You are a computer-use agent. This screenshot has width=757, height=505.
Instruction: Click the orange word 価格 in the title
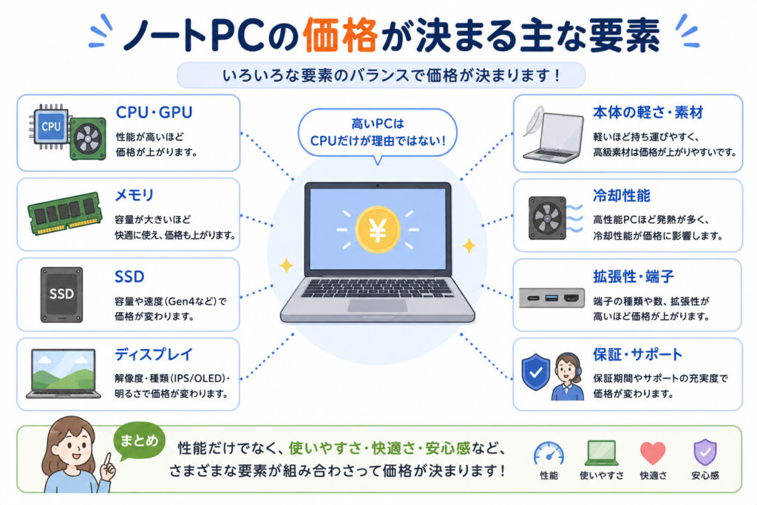[340, 35]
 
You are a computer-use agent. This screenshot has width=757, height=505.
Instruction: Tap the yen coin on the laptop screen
[378, 229]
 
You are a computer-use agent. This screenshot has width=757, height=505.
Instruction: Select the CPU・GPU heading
[154, 112]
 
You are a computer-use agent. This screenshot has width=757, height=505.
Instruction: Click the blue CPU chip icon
[50, 126]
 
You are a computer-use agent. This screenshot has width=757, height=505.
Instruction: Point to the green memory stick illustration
[65, 213]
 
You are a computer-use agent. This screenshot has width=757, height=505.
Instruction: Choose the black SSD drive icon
[61, 294]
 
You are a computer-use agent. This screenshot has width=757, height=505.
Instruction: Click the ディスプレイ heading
[154, 354]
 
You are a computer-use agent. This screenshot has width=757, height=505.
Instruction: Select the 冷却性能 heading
[621, 195]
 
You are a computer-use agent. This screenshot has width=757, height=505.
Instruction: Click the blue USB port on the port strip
[551, 298]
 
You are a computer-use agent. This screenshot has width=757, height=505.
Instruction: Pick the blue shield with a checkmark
[536, 372]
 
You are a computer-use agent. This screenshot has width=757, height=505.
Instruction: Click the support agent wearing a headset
[567, 376]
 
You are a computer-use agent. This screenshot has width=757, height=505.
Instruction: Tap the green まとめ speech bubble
[138, 441]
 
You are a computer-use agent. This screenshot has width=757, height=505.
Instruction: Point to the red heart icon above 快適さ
[653, 453]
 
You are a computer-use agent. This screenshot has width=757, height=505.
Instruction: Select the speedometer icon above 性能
[549, 453]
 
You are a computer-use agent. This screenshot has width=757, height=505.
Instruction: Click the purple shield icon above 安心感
[705, 453]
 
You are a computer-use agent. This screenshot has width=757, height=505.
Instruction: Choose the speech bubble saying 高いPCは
[378, 133]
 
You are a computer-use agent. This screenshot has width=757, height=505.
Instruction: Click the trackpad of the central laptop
[378, 305]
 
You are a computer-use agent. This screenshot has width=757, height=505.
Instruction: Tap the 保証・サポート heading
[637, 354]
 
